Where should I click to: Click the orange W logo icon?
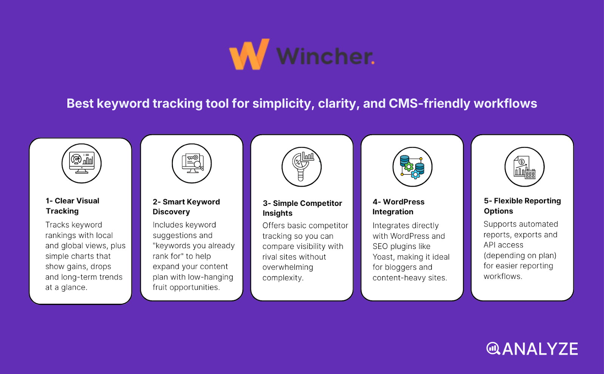[x=249, y=55]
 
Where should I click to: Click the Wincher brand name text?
[x=325, y=56]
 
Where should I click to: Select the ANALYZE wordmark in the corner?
[x=540, y=349]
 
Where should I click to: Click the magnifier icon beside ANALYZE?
[x=493, y=348]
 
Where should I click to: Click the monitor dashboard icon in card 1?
[x=82, y=163]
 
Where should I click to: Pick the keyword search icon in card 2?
[x=192, y=163]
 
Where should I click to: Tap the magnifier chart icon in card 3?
[x=302, y=167]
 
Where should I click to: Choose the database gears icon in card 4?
[x=412, y=167]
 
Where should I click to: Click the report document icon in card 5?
[x=524, y=167]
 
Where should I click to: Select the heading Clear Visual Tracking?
[x=72, y=206]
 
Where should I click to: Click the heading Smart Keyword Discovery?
[x=186, y=207]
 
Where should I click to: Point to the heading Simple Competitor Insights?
[x=302, y=208]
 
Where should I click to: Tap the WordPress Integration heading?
[x=398, y=207]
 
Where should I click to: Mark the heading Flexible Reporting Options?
[x=522, y=206]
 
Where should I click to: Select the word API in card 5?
[x=490, y=245]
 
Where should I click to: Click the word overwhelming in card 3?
[x=288, y=267]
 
